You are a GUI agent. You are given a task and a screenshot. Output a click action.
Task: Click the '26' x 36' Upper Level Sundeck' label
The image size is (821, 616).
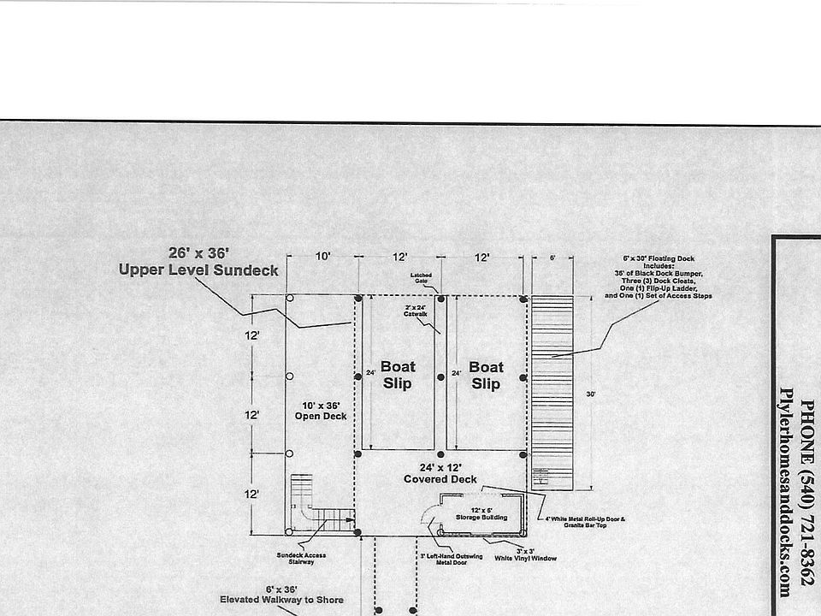point(198,262)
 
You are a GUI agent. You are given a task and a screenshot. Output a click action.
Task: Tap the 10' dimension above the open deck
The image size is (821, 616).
point(322,257)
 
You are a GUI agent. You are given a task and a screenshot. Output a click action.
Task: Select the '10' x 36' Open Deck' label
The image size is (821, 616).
point(321,411)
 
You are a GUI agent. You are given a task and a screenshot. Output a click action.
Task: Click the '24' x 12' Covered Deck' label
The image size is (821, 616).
point(440,473)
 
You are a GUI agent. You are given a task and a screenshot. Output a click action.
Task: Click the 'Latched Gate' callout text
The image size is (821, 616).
point(422,278)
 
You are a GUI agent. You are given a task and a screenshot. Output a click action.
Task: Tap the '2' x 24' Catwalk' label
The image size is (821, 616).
point(415,311)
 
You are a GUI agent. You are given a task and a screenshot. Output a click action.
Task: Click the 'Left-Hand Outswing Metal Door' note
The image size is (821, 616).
point(451,559)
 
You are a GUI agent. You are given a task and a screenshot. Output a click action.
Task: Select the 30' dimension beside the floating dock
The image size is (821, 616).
point(591,394)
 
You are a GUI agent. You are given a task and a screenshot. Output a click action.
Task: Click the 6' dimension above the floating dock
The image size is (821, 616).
point(552,257)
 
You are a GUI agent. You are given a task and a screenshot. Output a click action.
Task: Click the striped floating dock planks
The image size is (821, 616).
point(552,385)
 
